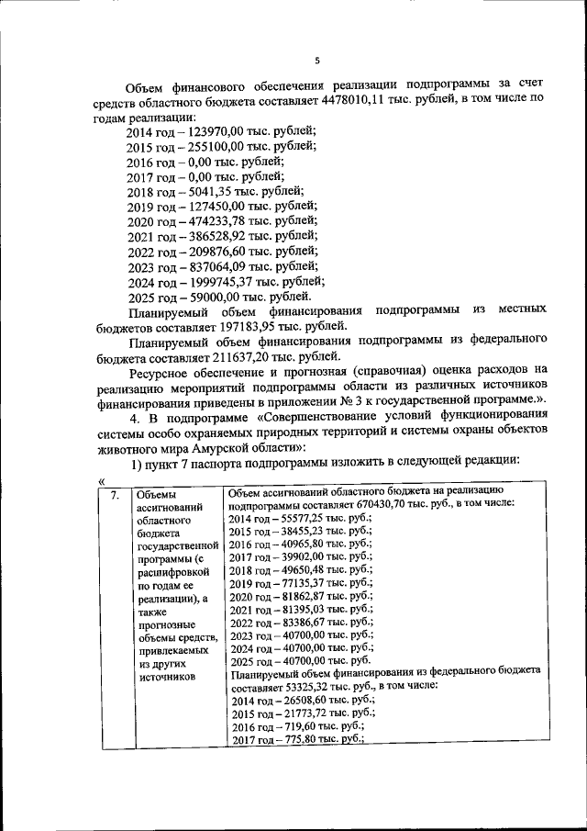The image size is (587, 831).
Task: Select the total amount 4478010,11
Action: coord(351,105)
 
